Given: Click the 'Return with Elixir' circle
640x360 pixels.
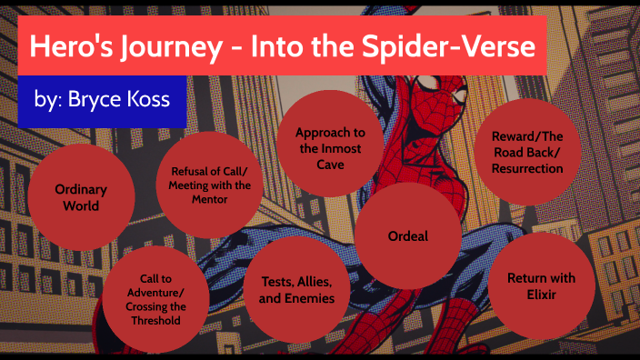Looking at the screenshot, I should (x=543, y=285).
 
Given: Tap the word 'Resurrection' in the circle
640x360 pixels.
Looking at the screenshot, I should (x=527, y=168).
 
